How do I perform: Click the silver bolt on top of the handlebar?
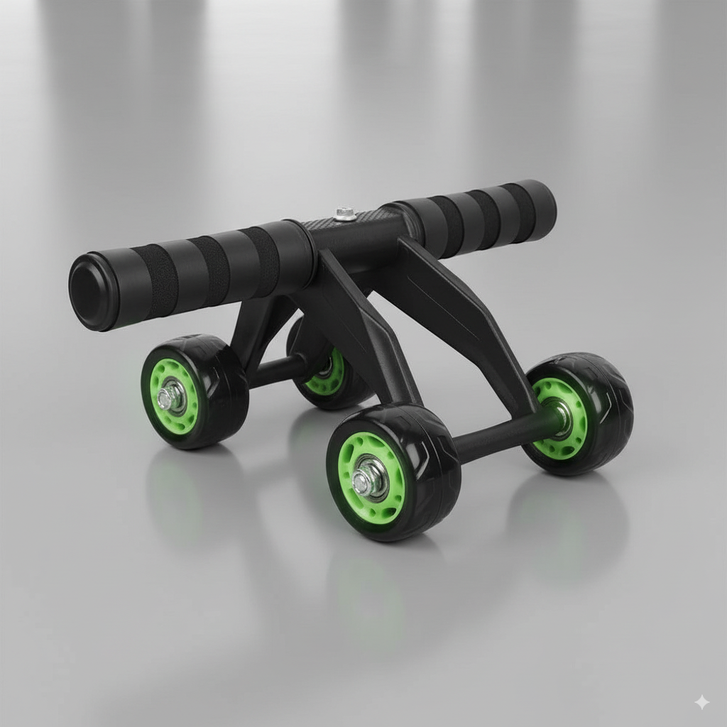click(x=345, y=213)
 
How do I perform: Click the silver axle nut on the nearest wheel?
click(x=364, y=480)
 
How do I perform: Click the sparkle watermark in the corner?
click(x=701, y=702)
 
